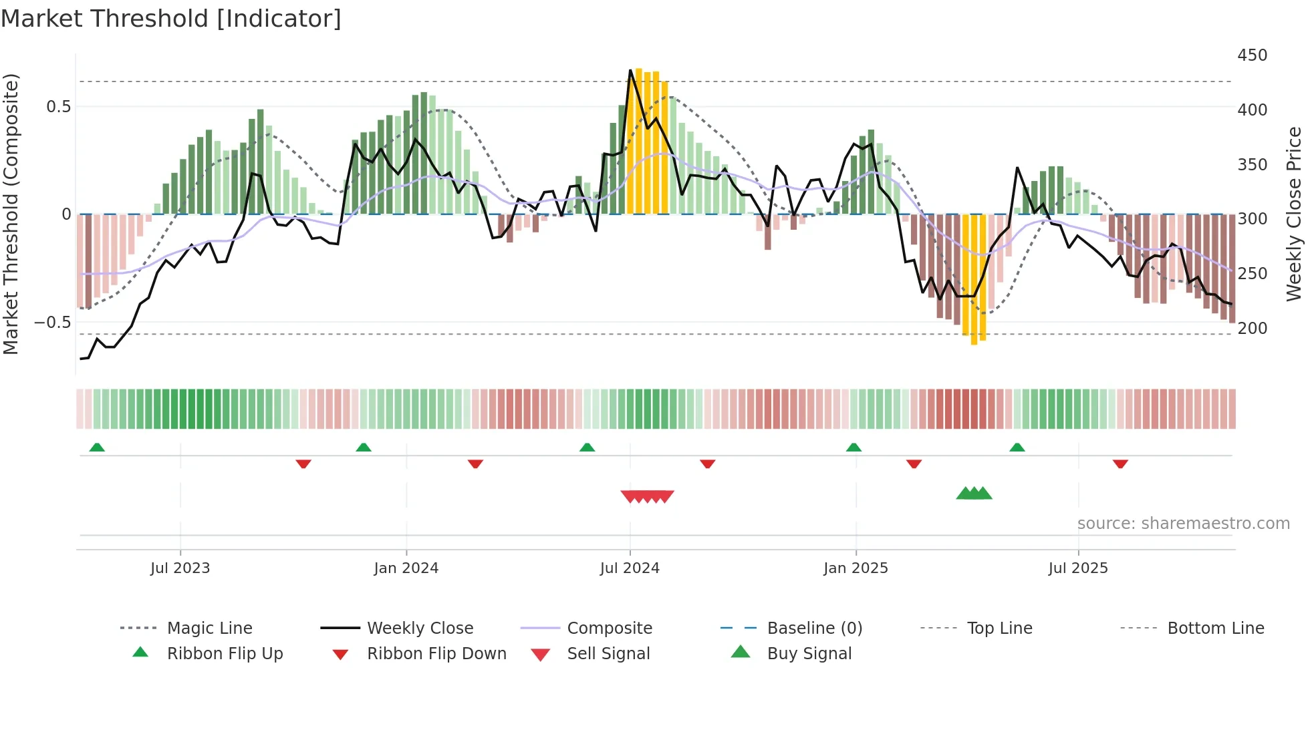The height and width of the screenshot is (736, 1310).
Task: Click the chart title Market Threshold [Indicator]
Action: tap(171, 19)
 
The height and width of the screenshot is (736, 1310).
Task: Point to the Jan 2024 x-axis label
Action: tap(406, 568)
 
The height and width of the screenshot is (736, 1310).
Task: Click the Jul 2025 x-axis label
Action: tap(1077, 568)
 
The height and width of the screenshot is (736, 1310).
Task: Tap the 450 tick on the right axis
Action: tap(1252, 55)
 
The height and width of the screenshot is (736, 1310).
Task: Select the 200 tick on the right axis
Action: tap(1252, 328)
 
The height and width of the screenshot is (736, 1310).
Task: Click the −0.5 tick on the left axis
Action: tap(52, 322)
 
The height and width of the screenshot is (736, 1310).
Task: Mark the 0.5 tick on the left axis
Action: tap(58, 106)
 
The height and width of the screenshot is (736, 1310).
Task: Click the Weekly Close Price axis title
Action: tap(1294, 214)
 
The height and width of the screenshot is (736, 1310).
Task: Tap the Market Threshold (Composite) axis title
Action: tap(11, 214)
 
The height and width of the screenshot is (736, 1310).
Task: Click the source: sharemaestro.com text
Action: tap(1183, 523)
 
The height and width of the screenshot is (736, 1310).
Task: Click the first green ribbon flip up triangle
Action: tap(97, 447)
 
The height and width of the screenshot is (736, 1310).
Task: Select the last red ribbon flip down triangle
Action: tap(1120, 464)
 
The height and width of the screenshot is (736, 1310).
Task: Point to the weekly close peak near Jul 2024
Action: tap(630, 70)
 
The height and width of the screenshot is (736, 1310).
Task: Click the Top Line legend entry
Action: tap(999, 628)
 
